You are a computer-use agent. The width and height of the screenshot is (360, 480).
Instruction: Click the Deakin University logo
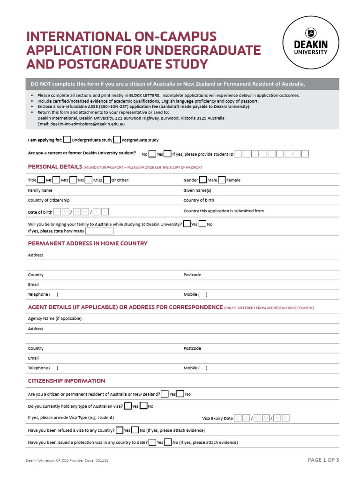pyautogui.click(x=310, y=42)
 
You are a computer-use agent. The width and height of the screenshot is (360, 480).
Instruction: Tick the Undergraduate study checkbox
pyautogui.click(x=67, y=139)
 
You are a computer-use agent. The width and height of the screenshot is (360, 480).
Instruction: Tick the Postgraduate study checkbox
pyautogui.click(x=117, y=139)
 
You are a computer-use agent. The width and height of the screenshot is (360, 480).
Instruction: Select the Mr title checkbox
pyautogui.click(x=41, y=180)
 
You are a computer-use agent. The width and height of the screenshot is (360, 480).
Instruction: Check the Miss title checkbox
pyautogui.click(x=89, y=180)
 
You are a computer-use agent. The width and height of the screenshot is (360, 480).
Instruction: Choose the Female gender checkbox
pyautogui.click(x=222, y=180)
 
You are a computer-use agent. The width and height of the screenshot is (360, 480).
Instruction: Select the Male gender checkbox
pyautogui.click(x=202, y=180)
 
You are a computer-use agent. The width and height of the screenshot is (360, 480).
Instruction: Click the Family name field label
pyautogui.click(x=40, y=190)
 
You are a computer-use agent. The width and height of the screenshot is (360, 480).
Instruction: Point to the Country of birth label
pyautogui.click(x=199, y=200)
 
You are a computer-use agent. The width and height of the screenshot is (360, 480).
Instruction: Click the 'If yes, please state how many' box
pyautogui.click(x=99, y=231)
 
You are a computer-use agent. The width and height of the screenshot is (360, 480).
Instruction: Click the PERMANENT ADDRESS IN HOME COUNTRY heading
pyautogui.click(x=88, y=243)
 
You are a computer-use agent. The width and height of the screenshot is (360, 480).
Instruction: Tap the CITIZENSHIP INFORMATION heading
pyautogui.click(x=67, y=381)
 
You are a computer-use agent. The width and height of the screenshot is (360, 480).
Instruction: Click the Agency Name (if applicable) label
pyautogui.click(x=55, y=318)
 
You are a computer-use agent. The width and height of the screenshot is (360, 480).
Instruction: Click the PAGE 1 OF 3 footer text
pyautogui.click(x=323, y=460)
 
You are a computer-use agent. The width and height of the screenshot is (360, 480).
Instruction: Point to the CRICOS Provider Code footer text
pyautogui.click(x=69, y=461)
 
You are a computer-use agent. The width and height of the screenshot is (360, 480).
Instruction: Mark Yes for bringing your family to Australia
pyautogui.click(x=187, y=224)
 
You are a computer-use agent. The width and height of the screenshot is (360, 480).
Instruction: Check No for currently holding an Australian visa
pyautogui.click(x=143, y=406)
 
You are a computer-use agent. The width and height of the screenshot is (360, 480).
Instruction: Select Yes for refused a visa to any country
pyautogui.click(x=120, y=430)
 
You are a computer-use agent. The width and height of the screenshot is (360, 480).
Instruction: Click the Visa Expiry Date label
pyautogui.click(x=217, y=418)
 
